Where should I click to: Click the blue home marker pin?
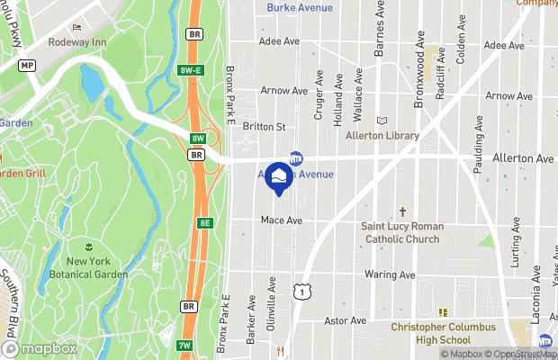(278, 176)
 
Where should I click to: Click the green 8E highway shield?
(205, 222)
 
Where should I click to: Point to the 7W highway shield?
(185, 346)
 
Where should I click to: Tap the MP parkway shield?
(28, 66)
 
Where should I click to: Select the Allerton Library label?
(382, 136)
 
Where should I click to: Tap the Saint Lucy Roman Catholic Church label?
(400, 232)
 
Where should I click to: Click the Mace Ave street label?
(281, 220)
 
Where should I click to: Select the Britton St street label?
(264, 127)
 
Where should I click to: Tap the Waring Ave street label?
(390, 274)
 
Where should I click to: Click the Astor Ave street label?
(346, 320)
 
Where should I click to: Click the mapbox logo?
(40, 348)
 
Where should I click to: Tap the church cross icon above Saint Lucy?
(402, 210)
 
